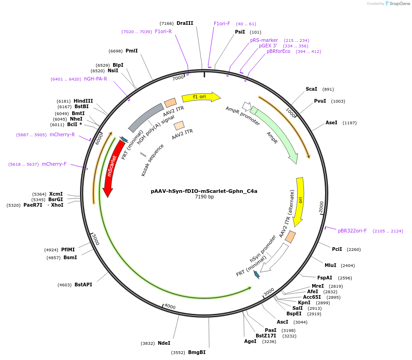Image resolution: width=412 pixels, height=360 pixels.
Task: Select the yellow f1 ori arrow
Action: tap(201, 97)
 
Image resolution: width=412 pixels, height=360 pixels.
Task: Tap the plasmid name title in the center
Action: tap(204, 191)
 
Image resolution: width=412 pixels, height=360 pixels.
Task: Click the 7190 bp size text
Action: tap(204, 197)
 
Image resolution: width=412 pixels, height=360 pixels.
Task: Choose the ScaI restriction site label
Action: tap(311, 89)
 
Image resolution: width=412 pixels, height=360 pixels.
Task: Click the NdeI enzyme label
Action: tap(164, 343)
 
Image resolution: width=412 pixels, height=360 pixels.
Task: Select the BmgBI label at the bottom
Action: tap(197, 353)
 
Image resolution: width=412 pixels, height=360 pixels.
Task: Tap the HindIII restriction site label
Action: tap(83, 101)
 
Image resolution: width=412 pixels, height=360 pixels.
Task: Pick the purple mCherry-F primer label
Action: tap(54, 164)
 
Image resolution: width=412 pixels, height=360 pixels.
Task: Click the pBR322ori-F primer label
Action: tap(352, 231)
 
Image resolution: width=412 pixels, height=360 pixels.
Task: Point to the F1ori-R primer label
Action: tap(163, 31)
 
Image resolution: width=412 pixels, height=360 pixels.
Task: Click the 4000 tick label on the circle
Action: tap(170, 307)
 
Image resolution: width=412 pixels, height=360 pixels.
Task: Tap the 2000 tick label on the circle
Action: tap(321, 207)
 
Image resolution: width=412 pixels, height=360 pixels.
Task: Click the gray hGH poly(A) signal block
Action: tap(145, 117)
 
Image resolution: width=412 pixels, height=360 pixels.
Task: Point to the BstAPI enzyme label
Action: tap(83, 285)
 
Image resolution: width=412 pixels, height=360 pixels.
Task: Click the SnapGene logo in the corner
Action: tap(397, 4)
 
